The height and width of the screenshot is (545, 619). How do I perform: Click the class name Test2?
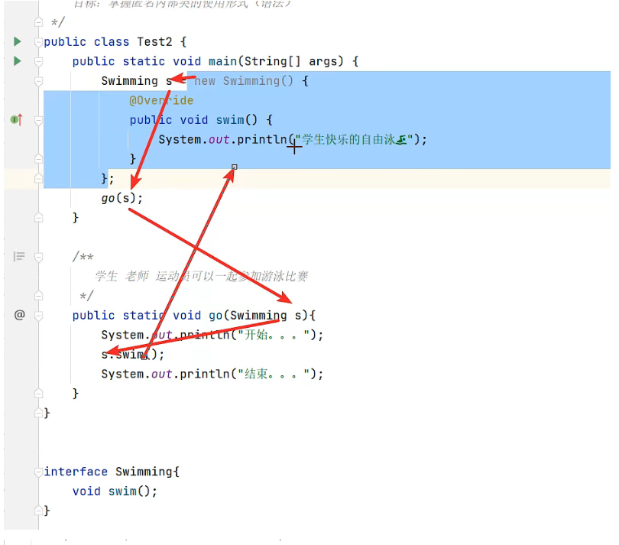pyautogui.click(x=161, y=41)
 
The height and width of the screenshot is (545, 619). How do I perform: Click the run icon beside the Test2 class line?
pyautogui.click(x=18, y=41)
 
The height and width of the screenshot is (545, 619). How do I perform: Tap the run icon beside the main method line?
pyautogui.click(x=18, y=61)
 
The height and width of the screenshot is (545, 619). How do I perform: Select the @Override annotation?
pyautogui.click(x=161, y=101)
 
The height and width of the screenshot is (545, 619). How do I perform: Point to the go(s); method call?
pyautogui.click(x=122, y=198)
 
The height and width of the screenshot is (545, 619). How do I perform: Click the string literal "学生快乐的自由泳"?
pyautogui.click(x=355, y=139)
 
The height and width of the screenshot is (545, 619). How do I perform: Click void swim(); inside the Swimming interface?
pyautogui.click(x=115, y=491)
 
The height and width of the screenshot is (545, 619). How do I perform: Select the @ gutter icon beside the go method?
pyautogui.click(x=20, y=315)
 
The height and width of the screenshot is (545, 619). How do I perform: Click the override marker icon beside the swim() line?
pyautogui.click(x=16, y=120)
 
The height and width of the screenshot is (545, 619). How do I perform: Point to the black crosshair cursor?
pyautogui.click(x=294, y=147)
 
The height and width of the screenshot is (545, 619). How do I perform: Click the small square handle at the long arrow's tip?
pyautogui.click(x=235, y=167)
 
